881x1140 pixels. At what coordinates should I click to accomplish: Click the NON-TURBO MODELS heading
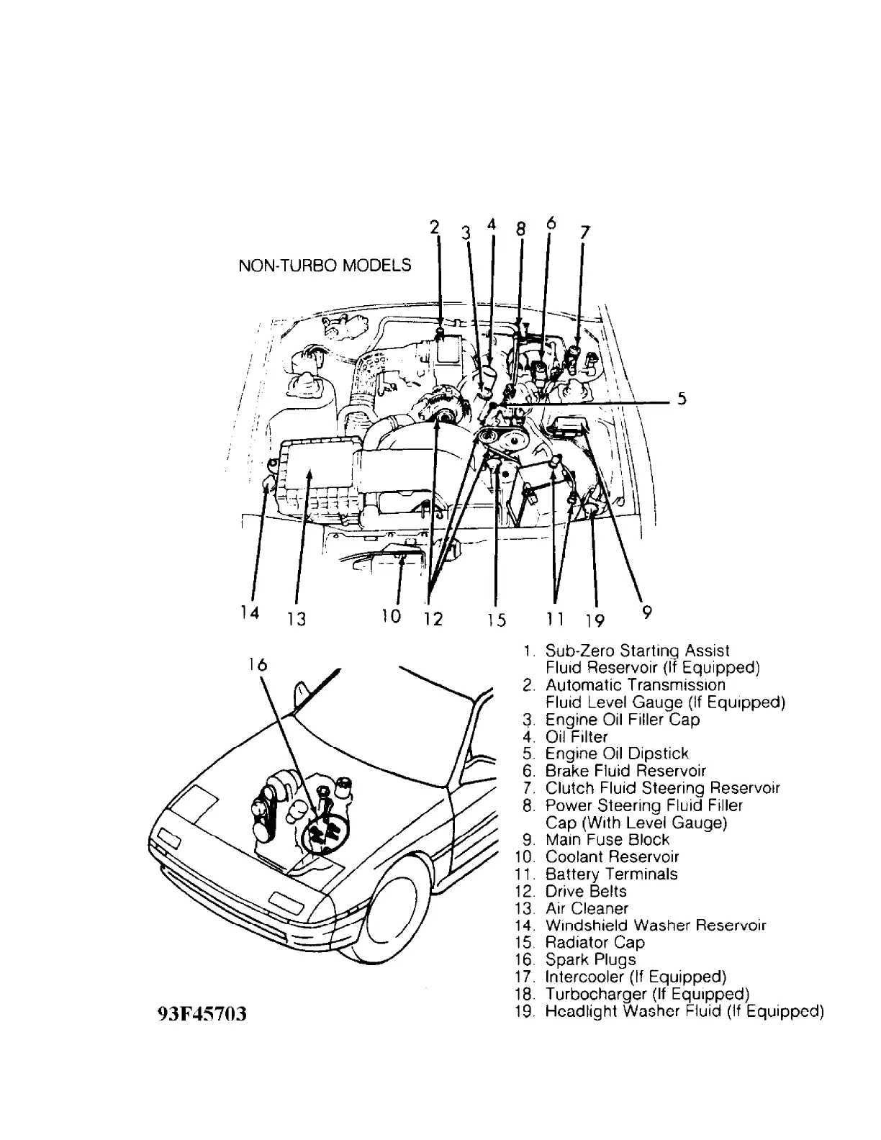[x=325, y=266]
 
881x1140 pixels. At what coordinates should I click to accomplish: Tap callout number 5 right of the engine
[x=681, y=401]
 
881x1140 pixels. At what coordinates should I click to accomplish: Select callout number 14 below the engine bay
[x=249, y=612]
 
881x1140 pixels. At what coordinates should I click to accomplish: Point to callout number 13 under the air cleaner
[x=297, y=619]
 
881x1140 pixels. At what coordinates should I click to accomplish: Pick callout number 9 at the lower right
[x=646, y=612]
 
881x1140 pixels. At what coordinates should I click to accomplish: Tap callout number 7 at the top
[x=584, y=232]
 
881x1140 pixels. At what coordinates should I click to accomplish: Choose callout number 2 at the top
[x=434, y=227]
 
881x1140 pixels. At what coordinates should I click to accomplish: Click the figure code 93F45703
[x=202, y=1014]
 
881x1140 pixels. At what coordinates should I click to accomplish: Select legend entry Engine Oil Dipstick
[x=616, y=754]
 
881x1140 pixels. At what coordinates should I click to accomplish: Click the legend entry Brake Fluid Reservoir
[x=625, y=771]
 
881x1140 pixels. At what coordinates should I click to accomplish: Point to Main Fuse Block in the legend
[x=607, y=839]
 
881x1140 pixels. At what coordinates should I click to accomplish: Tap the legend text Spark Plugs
[x=590, y=959]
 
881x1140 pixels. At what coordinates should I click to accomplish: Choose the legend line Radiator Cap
[x=595, y=942]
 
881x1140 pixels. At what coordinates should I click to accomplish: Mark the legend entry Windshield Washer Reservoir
[x=655, y=925]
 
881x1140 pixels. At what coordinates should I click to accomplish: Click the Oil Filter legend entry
[x=576, y=736]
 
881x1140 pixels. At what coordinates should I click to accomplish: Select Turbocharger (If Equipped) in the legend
[x=647, y=994]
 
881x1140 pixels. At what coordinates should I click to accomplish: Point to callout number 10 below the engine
[x=391, y=616]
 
